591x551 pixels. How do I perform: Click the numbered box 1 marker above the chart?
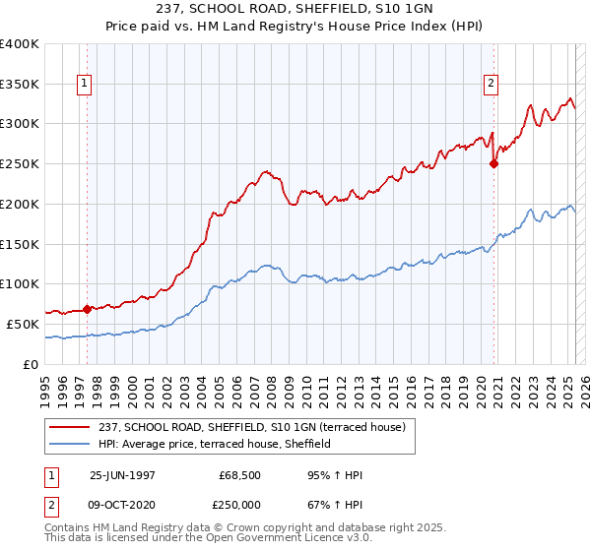pyautogui.click(x=86, y=85)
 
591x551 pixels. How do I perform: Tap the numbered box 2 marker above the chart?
pyautogui.click(x=491, y=85)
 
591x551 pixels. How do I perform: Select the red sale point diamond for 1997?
pyautogui.click(x=87, y=309)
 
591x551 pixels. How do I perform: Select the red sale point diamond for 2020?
pyautogui.click(x=493, y=164)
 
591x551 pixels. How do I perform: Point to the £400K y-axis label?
pyautogui.click(x=20, y=44)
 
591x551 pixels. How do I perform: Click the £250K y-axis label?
pyautogui.click(x=20, y=164)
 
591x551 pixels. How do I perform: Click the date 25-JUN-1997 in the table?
pyautogui.click(x=121, y=475)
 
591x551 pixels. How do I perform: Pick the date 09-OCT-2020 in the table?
pyautogui.click(x=121, y=503)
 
